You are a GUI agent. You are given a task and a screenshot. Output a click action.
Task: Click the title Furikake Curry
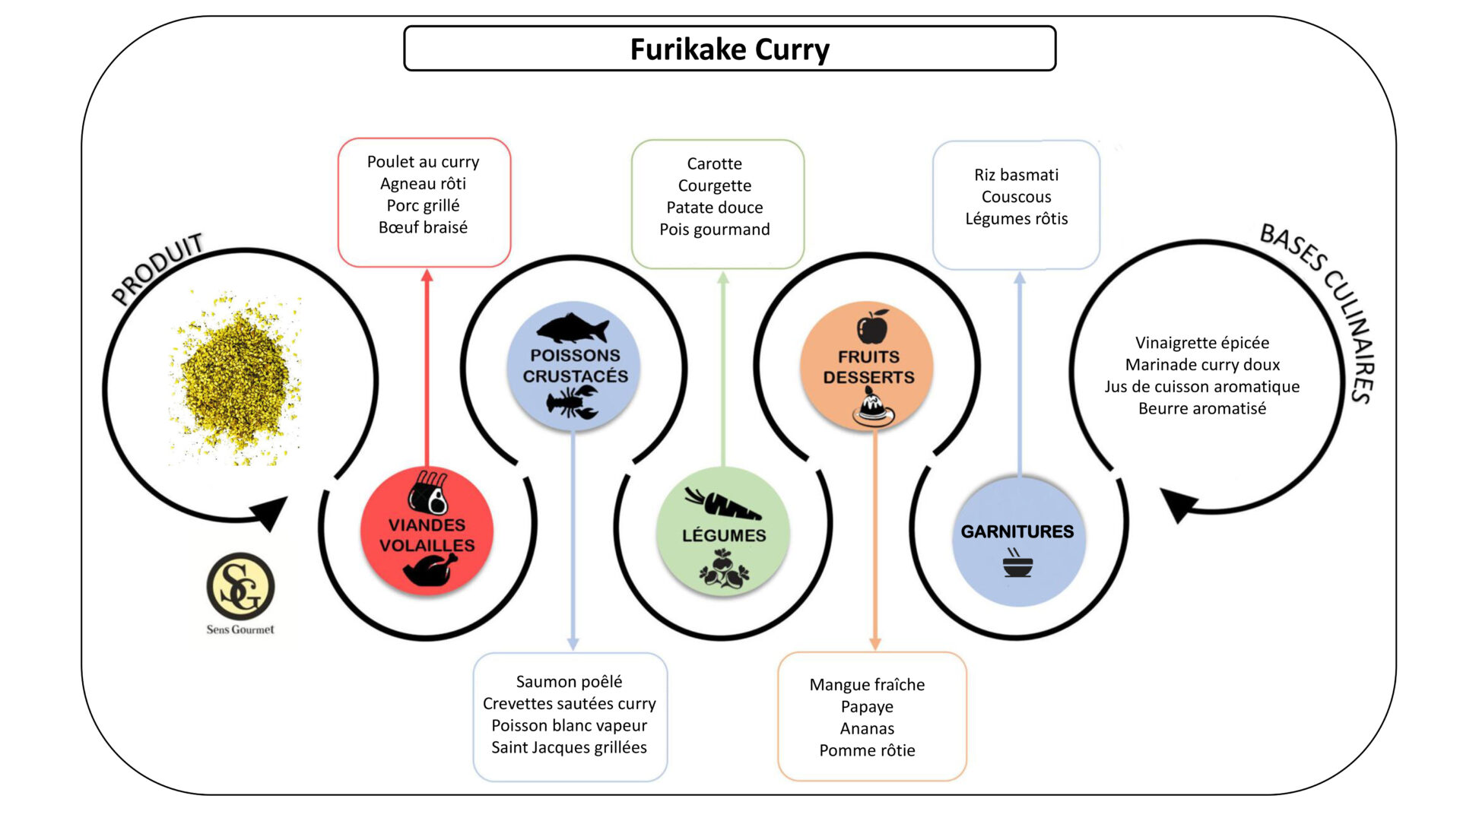(729, 49)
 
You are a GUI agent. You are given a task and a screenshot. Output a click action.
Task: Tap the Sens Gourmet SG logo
(240, 587)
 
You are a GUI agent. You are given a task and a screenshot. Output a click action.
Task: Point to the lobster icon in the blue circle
(573, 401)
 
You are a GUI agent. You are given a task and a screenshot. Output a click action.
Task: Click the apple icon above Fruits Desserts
(872, 327)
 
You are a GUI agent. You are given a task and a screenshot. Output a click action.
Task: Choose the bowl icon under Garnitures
(1017, 564)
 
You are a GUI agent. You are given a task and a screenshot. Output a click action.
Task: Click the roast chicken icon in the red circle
(430, 569)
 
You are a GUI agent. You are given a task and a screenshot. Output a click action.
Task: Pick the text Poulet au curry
(423, 162)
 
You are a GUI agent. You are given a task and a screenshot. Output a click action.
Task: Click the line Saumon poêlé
(569, 682)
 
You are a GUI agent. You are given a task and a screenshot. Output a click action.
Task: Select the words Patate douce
(714, 208)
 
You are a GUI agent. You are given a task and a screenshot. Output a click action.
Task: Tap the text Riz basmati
(1016, 175)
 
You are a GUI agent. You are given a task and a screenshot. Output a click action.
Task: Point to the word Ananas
(867, 728)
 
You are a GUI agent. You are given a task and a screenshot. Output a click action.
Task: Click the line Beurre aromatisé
(1201, 408)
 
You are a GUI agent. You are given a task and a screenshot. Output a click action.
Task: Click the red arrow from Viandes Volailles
(427, 365)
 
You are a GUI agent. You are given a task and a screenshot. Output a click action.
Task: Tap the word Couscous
(1016, 197)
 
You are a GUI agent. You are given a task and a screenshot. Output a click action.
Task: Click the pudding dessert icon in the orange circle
(873, 407)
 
